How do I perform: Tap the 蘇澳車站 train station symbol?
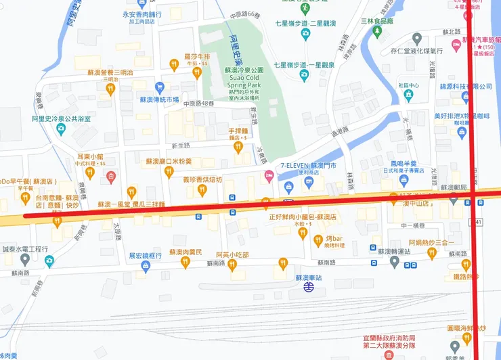(309, 287)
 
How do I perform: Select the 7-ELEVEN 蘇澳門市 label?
(309, 165)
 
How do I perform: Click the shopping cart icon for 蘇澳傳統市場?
(160, 87)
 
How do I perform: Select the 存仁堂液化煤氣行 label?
(416, 50)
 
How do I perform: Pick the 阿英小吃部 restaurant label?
(232, 254)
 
